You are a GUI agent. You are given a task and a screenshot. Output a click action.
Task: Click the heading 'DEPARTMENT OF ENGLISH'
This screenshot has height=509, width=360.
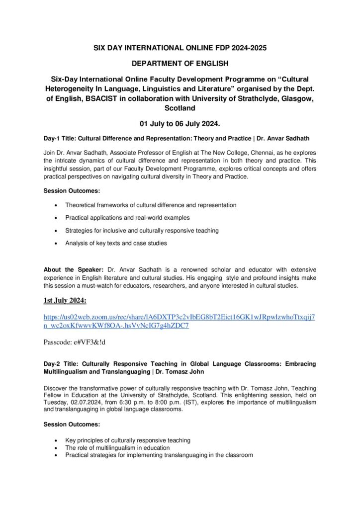pos(180,64)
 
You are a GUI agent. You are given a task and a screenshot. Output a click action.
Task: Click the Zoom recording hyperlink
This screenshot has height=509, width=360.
pos(179,322)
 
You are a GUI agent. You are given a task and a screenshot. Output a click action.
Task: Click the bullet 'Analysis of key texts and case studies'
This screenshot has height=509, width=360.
pos(116,243)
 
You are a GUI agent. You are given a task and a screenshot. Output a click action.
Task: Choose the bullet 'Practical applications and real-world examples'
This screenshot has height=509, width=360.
pos(127,218)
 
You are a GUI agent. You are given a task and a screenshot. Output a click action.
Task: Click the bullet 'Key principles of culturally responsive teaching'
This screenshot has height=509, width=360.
pos(128,440)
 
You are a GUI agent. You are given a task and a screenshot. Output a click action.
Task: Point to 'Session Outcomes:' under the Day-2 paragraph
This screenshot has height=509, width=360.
pos(72,424)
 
